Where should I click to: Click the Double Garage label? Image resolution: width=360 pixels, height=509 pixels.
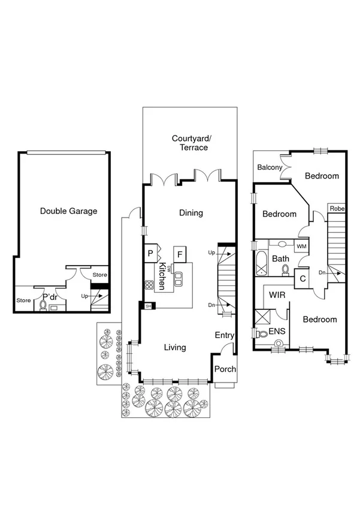click(68, 211)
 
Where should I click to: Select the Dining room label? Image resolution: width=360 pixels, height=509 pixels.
click(191, 213)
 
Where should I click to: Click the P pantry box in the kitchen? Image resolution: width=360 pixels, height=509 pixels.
click(150, 254)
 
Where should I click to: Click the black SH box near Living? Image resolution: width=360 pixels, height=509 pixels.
click(148, 306)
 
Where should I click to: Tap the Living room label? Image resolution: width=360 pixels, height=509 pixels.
click(175, 347)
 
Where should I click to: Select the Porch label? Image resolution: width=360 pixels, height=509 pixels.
click(225, 369)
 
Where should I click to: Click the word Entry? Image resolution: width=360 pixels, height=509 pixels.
click(225, 336)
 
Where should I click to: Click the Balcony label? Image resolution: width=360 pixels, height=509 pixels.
click(270, 168)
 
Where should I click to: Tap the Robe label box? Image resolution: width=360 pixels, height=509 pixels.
click(335, 209)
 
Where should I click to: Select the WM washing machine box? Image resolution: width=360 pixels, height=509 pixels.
click(301, 246)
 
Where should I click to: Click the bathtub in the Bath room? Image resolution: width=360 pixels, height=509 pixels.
click(261, 262)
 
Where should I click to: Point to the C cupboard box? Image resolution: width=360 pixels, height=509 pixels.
click(302, 279)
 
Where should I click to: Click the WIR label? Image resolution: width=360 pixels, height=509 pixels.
click(277, 296)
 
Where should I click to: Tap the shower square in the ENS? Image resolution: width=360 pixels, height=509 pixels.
click(262, 316)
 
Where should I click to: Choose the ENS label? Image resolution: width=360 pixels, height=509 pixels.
click(277, 330)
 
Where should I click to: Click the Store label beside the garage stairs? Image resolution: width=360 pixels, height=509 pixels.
click(99, 275)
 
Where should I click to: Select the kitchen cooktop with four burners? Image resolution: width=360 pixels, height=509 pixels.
click(149, 284)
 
